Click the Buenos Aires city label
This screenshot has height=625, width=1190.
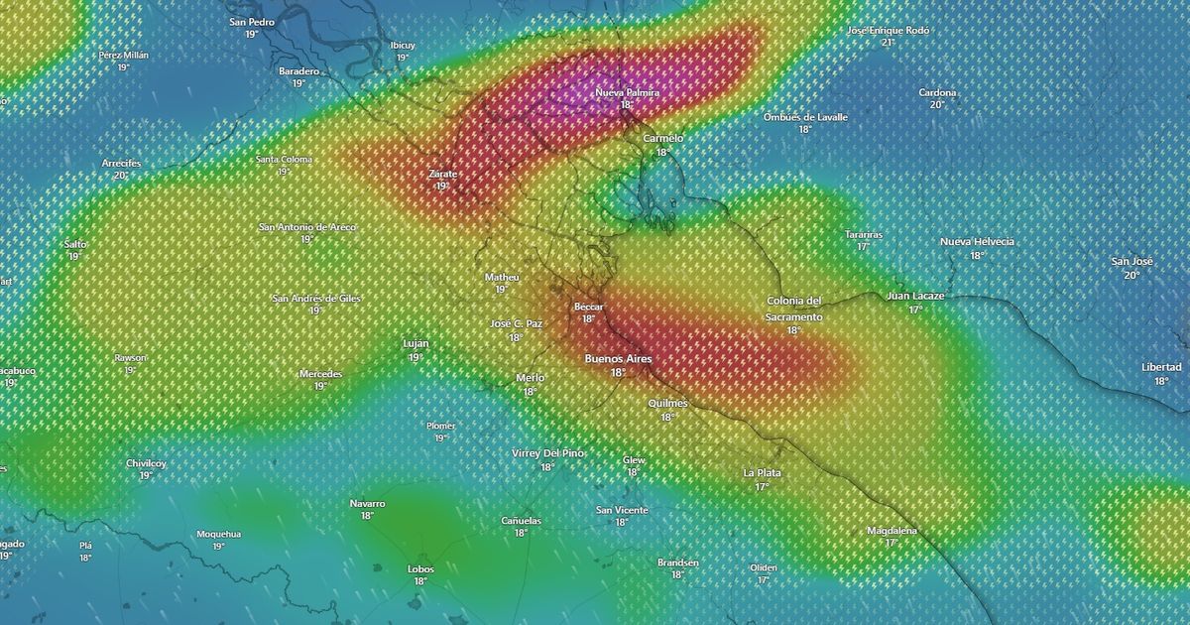618,358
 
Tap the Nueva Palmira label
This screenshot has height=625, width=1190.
627,92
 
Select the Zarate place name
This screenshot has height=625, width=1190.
442,174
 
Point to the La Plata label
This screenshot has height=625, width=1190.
762,473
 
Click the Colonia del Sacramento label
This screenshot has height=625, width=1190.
793,309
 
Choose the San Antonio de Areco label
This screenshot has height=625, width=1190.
306,227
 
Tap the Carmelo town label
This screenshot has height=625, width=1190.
663,139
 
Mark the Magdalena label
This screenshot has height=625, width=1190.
892,531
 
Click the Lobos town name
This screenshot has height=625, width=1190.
420,568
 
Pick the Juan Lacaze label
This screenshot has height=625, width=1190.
915,296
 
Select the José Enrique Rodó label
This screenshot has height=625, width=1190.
889,31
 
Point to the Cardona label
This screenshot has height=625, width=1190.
937,93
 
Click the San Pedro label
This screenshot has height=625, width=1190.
251,21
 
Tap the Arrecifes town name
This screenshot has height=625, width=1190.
121,163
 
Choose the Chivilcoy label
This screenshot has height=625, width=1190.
146,463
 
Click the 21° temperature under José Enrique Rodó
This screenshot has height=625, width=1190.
889,43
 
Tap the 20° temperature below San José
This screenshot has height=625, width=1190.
1131,275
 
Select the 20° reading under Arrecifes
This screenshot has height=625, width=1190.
121,176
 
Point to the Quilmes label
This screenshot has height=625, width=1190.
667,404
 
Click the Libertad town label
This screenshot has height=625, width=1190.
1161,367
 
